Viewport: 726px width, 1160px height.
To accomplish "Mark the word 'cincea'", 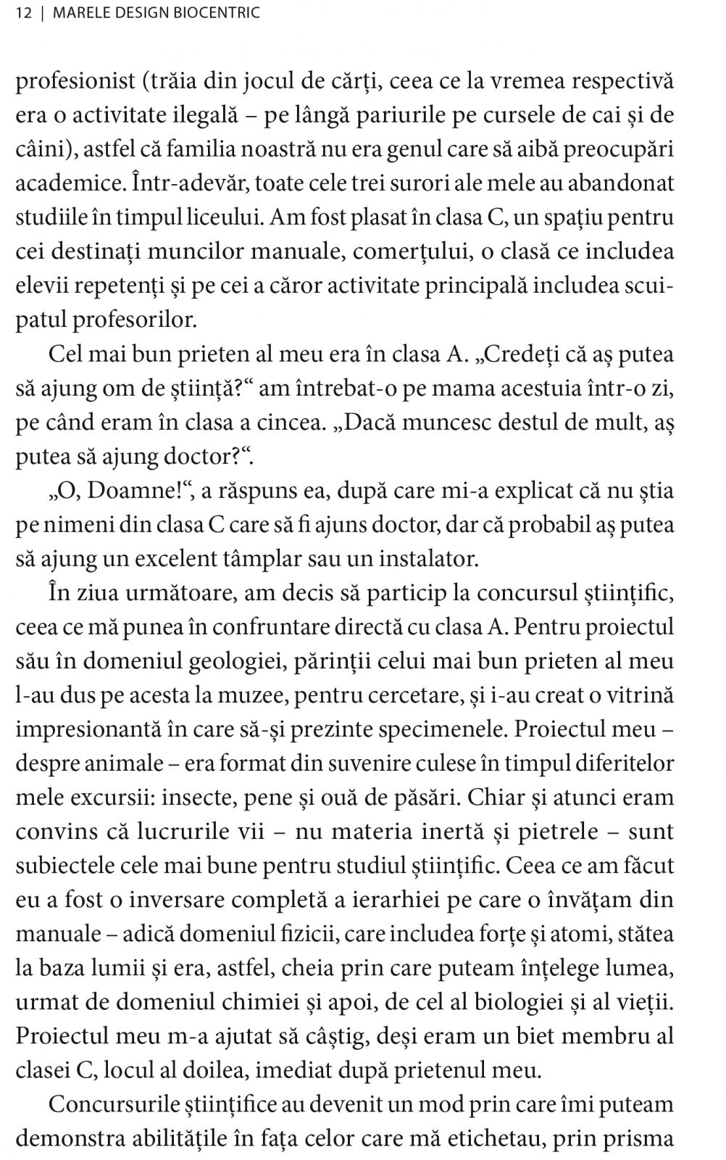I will tap(288, 423).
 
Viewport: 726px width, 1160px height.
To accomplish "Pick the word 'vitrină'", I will tap(638, 695).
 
